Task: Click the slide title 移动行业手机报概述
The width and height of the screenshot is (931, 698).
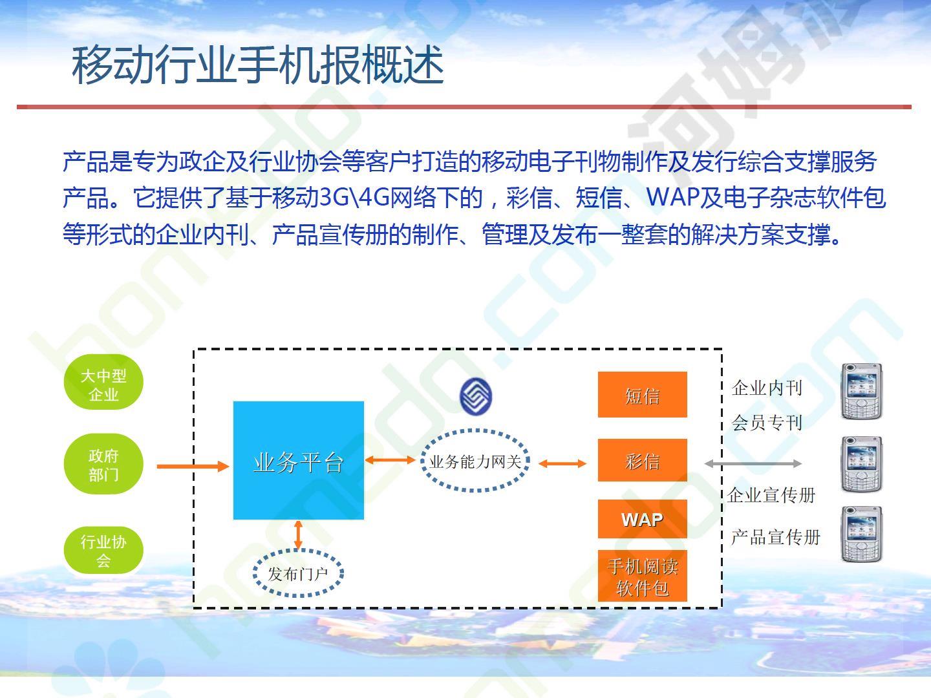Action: tap(257, 65)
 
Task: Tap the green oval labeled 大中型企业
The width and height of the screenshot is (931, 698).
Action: tap(103, 382)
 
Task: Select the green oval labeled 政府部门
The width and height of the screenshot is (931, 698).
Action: tap(103, 464)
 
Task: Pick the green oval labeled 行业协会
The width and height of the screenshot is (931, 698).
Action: tap(103, 551)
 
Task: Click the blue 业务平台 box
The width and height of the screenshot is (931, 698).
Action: tap(299, 460)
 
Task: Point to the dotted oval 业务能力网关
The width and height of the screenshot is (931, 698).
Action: tap(475, 461)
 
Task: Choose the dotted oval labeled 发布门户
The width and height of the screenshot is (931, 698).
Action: tap(298, 573)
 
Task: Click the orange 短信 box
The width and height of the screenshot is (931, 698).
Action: tap(643, 394)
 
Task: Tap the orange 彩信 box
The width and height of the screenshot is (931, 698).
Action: tap(643, 460)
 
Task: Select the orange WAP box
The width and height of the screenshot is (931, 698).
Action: tap(643, 519)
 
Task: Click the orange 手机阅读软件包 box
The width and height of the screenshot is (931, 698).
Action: tap(643, 576)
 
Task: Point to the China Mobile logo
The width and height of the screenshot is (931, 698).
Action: tap(476, 396)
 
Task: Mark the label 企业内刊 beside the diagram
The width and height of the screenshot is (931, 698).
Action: tap(767, 388)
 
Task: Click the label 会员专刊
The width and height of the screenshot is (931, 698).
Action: tap(767, 423)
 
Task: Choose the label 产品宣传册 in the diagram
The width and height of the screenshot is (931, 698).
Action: tap(775, 537)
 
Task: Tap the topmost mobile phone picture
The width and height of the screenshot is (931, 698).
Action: tap(861, 391)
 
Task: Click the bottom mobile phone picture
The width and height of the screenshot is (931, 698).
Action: tap(861, 534)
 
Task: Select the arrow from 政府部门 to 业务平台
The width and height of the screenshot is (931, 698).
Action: tap(193, 467)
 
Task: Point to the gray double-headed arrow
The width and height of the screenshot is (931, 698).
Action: tap(753, 463)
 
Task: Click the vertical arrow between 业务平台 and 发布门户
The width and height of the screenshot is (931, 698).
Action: tap(298, 535)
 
